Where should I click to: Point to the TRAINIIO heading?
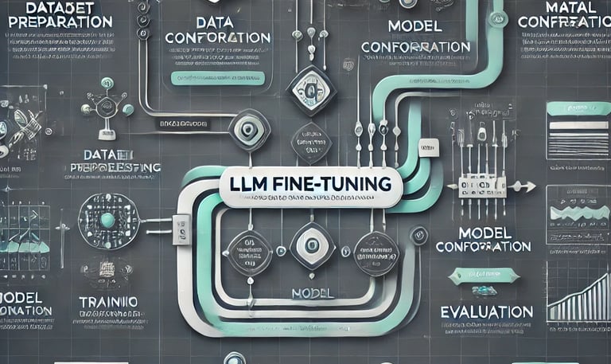pyautogui.click(x=108, y=303)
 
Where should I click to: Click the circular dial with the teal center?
pyautogui.click(x=107, y=220)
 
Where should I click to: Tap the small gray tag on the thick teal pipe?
pyautogui.click(x=429, y=149)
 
